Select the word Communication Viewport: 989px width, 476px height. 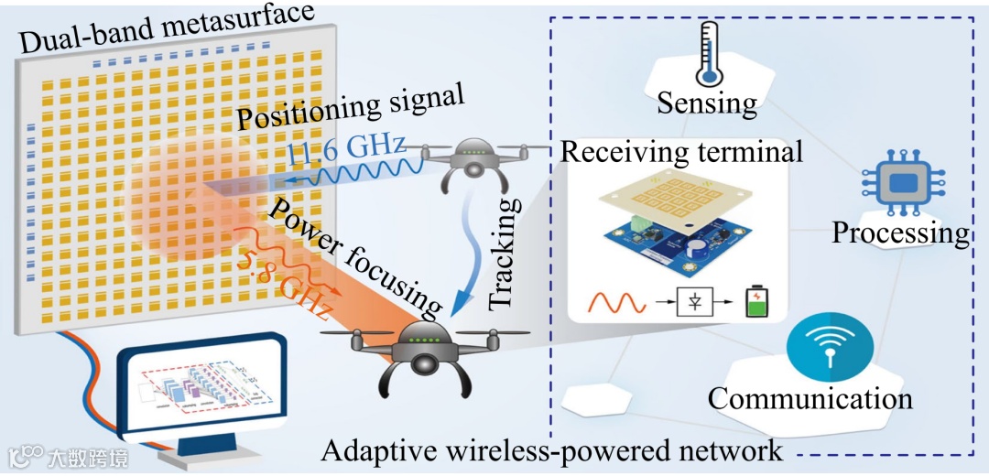pos(810,398)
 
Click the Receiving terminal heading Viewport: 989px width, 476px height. pos(681,151)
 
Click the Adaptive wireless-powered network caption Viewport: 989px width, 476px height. pos(552,450)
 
